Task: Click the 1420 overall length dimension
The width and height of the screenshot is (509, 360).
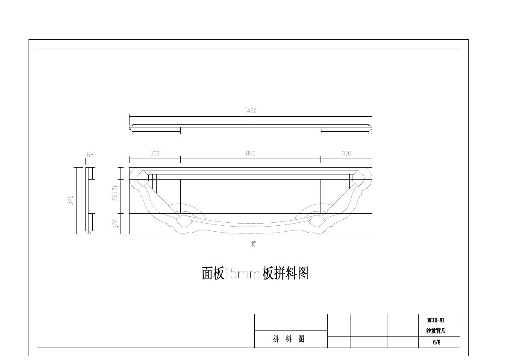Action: tap(250, 111)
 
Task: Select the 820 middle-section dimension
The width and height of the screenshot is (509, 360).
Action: tap(250, 153)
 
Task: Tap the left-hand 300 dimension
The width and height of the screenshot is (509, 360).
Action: tap(155, 153)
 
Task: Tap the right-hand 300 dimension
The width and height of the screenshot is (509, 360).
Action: tap(346, 153)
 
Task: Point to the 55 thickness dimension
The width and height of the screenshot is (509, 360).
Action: tap(90, 156)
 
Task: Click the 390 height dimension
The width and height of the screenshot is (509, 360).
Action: tap(71, 200)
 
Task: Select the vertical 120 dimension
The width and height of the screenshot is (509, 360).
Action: tap(115, 224)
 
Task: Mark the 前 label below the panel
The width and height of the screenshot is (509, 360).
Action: tap(253, 244)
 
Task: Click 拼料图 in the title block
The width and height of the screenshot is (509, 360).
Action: tap(289, 339)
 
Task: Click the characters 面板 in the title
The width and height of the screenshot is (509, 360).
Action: tap(213, 274)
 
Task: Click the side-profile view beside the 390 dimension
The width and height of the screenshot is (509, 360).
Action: tap(90, 200)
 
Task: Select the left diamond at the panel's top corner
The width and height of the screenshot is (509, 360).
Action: tap(142, 174)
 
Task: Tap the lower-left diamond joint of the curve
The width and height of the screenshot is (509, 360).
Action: tap(183, 221)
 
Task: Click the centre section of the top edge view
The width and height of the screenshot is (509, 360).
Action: tap(250, 130)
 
